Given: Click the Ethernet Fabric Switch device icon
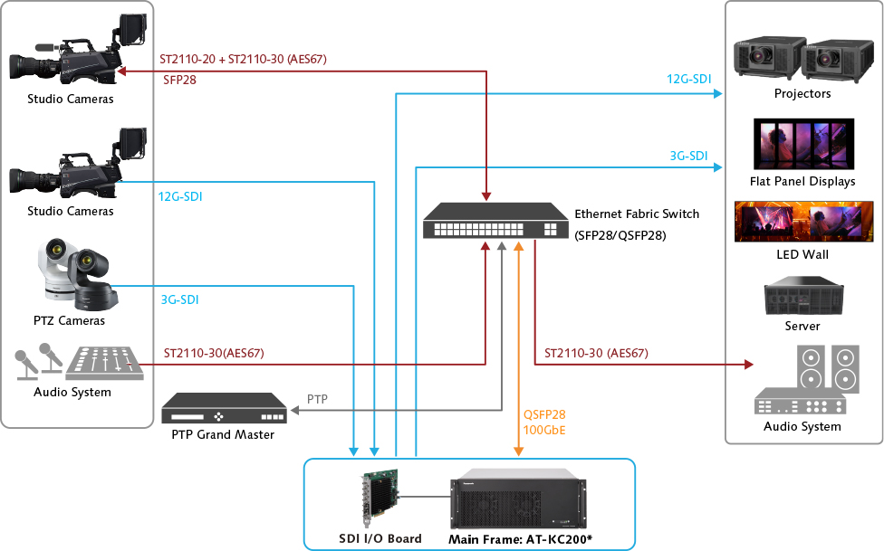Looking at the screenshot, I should click(x=493, y=221).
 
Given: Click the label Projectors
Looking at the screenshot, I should click(x=802, y=93).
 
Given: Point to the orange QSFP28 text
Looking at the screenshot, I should click(x=544, y=415).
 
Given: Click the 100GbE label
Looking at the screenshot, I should click(x=544, y=430).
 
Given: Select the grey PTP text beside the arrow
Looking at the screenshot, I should click(x=317, y=399).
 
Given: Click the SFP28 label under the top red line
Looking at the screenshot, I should click(x=179, y=80).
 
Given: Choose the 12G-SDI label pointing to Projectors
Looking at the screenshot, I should click(x=688, y=80).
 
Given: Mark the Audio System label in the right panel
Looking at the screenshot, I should click(x=802, y=426).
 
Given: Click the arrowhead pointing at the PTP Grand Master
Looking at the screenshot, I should click(x=294, y=410).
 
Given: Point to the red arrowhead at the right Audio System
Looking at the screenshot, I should click(x=748, y=366).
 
